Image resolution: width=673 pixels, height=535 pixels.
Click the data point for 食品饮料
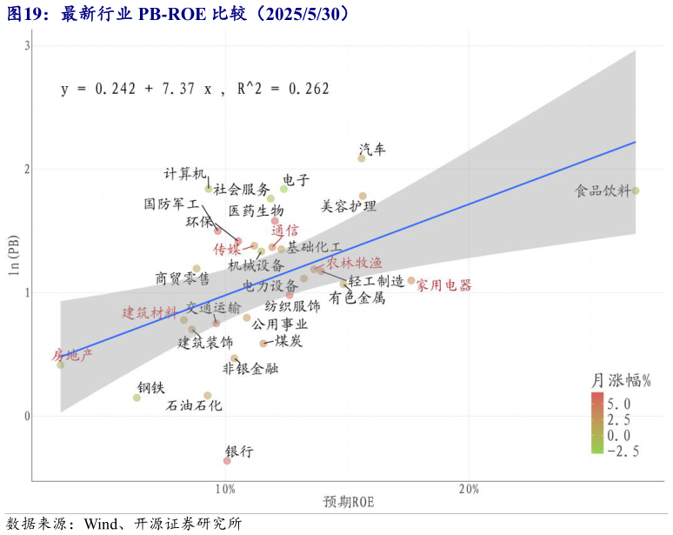click(x=636, y=191)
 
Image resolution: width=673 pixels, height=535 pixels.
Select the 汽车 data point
click(x=362, y=158)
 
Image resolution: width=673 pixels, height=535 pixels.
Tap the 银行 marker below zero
click(x=227, y=460)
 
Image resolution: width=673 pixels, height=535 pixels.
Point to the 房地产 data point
click(x=61, y=364)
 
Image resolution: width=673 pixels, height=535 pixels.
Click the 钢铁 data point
click(x=137, y=398)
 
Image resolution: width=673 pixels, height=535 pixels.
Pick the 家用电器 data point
click(x=411, y=280)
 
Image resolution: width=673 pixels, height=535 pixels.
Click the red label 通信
click(x=284, y=231)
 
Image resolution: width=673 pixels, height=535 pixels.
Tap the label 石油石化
click(x=194, y=405)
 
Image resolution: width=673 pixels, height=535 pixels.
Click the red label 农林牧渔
click(x=354, y=263)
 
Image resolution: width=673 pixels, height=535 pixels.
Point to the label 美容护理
click(x=349, y=206)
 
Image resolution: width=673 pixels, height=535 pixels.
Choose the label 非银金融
click(x=250, y=369)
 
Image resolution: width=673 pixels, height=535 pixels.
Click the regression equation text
click(x=195, y=89)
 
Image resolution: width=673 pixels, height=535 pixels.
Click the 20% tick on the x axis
click(x=469, y=489)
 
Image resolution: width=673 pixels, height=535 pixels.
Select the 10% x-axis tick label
click(x=225, y=489)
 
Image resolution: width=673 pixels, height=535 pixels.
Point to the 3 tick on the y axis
click(x=26, y=45)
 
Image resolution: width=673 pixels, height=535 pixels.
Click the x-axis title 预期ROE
click(x=348, y=502)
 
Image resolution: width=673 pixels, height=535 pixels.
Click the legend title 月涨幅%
click(x=622, y=380)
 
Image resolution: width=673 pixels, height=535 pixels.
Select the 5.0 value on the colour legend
click(x=630, y=404)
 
